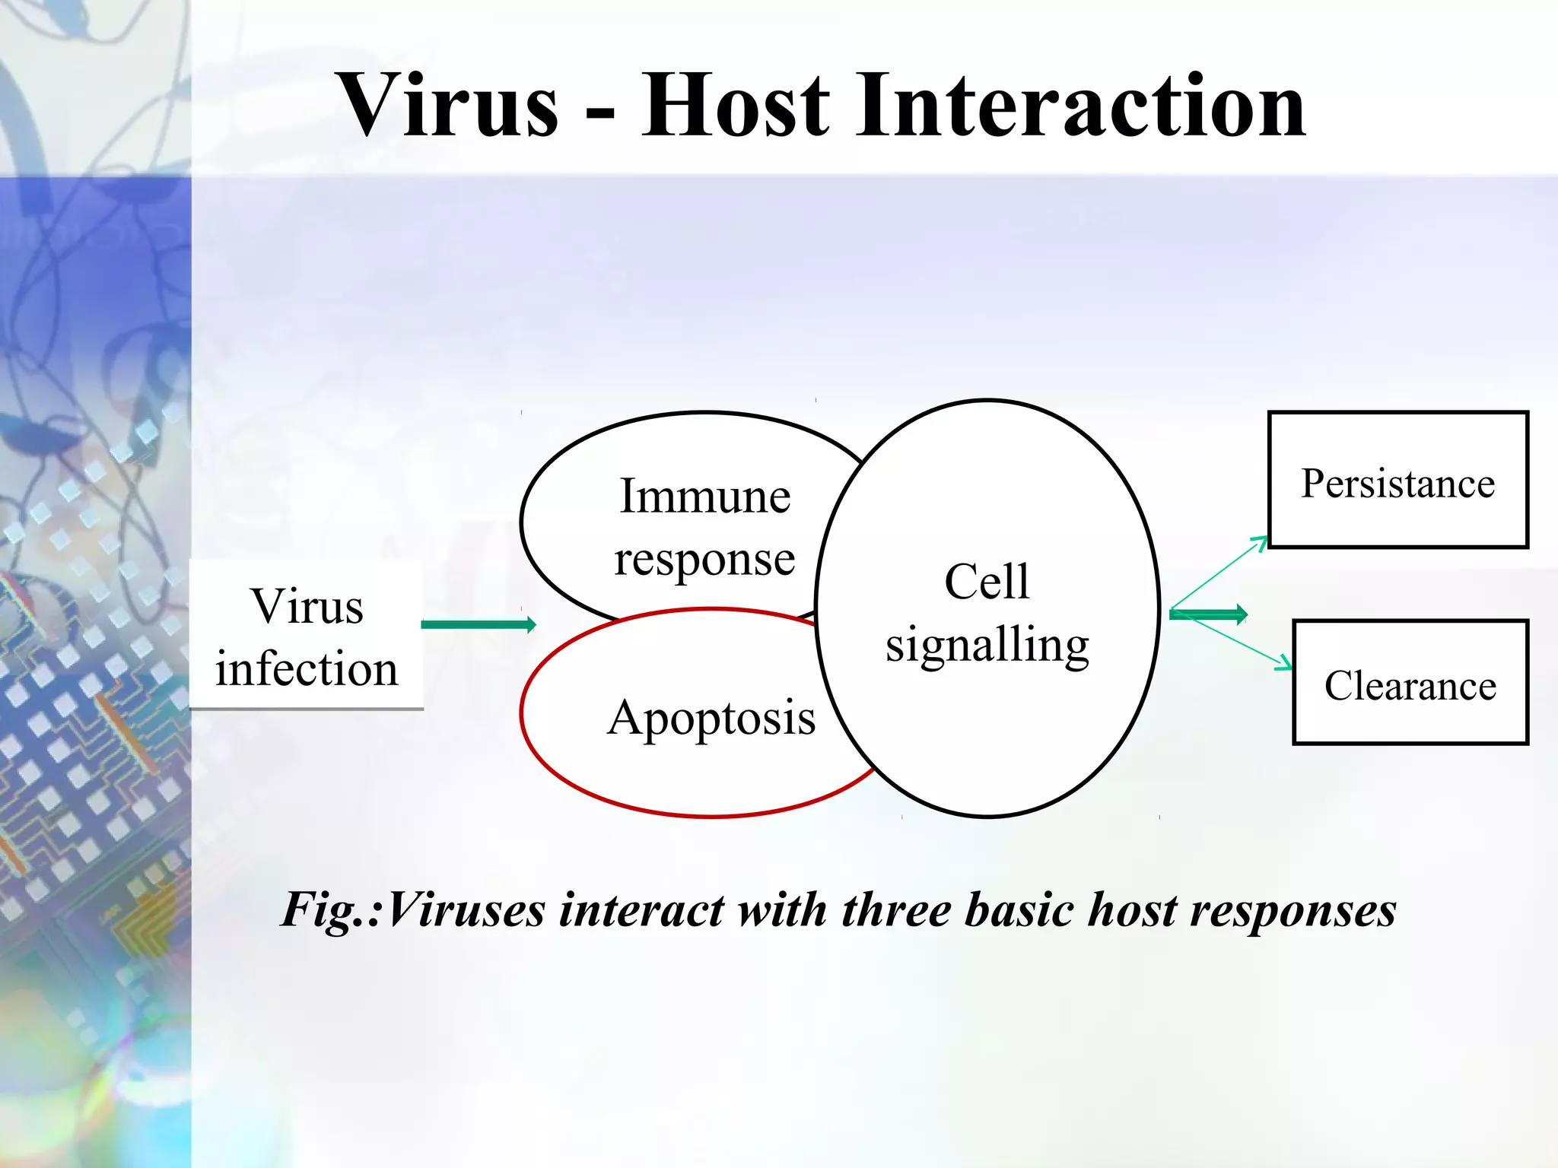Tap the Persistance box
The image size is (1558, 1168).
[1397, 481]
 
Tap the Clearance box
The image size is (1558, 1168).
[1410, 683]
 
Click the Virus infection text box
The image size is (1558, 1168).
[306, 636]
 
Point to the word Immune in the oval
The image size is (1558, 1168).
[704, 496]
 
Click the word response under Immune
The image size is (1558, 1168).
[704, 560]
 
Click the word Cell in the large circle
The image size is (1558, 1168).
[987, 582]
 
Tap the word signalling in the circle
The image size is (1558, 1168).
[987, 645]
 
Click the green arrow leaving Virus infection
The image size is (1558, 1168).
[478, 625]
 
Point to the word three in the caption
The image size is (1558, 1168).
[895, 909]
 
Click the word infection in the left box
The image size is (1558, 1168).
[306, 669]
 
